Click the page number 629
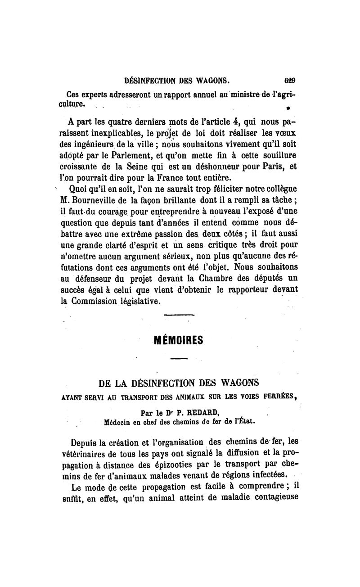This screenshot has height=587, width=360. point(289,81)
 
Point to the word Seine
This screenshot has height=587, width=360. point(126,167)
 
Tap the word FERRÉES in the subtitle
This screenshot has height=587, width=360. point(280,397)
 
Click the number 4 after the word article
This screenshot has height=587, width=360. point(229,122)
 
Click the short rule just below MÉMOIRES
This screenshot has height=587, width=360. point(179,359)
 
